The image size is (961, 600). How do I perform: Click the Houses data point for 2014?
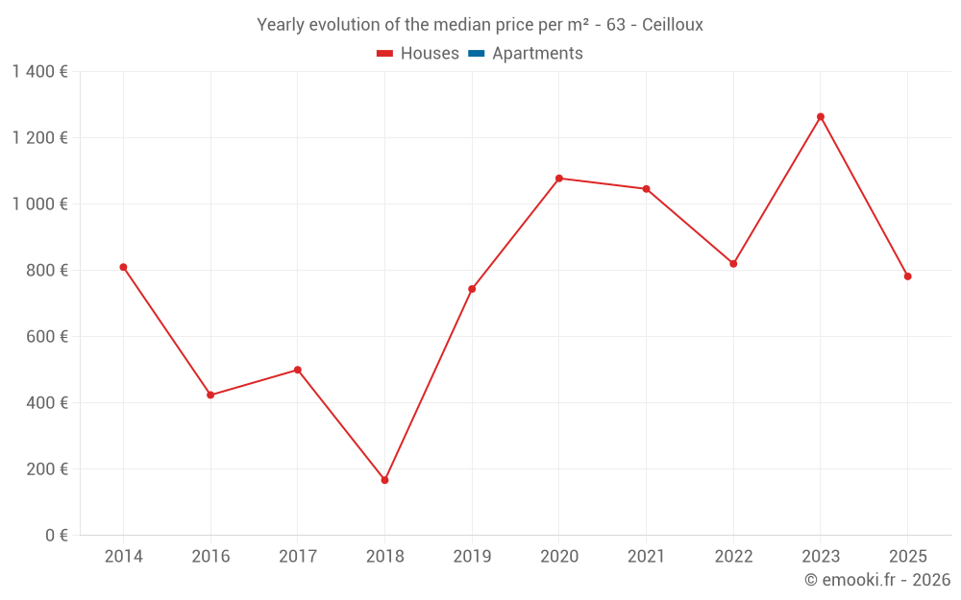[123, 267]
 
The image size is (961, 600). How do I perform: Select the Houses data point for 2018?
[384, 480]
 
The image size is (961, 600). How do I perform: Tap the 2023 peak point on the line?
[821, 117]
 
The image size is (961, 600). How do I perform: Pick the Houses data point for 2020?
[559, 179]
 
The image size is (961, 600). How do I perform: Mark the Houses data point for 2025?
[907, 276]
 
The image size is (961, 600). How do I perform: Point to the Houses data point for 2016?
[210, 395]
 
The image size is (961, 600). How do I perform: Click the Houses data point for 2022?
[733, 264]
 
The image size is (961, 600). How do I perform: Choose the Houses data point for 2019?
[472, 289]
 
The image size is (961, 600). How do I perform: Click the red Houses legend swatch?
[385, 54]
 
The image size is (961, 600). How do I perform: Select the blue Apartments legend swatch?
[476, 54]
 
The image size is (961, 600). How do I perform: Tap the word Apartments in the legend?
[537, 54]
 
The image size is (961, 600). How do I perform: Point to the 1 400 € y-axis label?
[40, 72]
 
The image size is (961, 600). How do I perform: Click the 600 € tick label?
[46, 337]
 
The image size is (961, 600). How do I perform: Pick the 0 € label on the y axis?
[55, 536]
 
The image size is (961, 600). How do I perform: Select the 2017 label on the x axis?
[297, 557]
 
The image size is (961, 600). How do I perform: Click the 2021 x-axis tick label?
[646, 557]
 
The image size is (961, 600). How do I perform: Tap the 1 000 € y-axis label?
[40, 204]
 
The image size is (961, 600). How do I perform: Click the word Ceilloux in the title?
[673, 25]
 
